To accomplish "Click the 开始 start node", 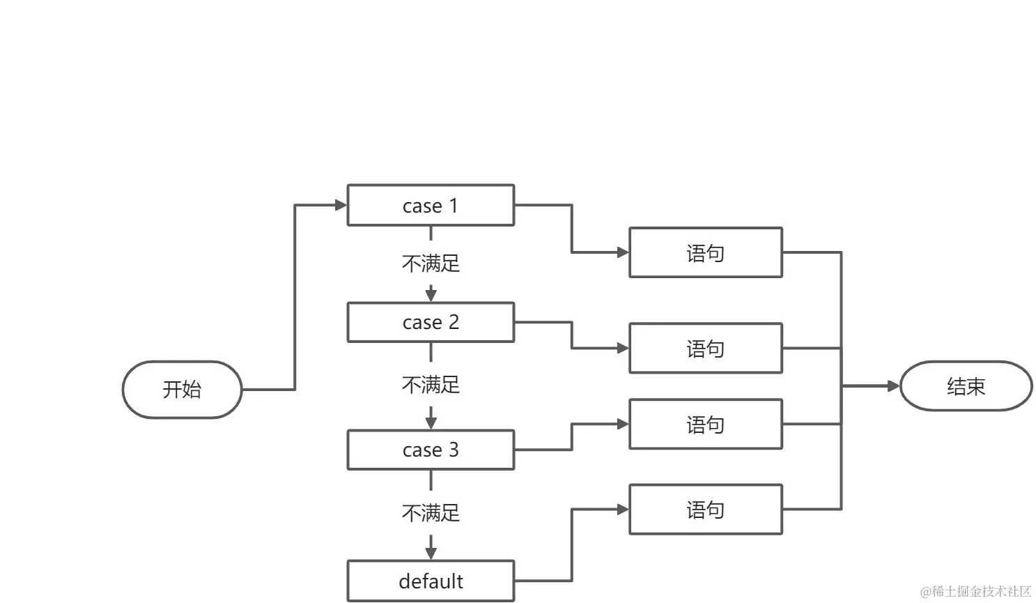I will coord(182,389).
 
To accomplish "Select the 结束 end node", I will coord(966,386).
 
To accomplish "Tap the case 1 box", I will coord(431,206).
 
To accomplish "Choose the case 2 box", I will coord(431,322).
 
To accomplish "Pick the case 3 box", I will coord(431,450).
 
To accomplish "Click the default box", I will coord(431,581).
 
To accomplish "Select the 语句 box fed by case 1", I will coord(705,252).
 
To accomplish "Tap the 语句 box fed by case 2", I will coord(705,348).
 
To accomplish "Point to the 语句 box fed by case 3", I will coord(705,424).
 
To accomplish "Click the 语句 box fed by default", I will coord(705,510).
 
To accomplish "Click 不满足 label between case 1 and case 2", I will coord(431,264).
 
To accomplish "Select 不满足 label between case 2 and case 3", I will coord(431,385).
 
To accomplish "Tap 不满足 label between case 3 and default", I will coord(431,513).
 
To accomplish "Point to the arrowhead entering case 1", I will coord(341,205).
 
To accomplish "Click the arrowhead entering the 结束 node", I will coord(894,386).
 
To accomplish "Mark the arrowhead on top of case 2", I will coord(431,296).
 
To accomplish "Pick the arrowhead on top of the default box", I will coord(431,554).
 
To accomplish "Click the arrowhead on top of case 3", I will coord(431,423).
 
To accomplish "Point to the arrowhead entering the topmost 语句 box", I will coord(623,252).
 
